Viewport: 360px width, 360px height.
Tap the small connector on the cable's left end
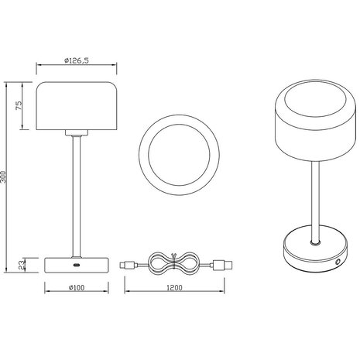[127, 264]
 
